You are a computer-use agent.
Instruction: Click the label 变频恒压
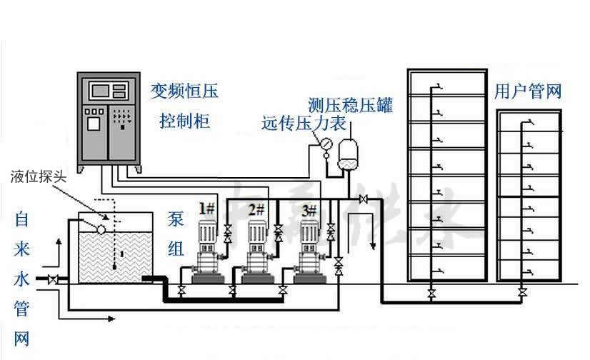coord(184,91)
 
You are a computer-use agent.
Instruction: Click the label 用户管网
coord(528,91)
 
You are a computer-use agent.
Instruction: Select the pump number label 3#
coord(309,209)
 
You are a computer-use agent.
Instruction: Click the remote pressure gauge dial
coord(325,144)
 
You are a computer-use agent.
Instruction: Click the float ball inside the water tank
coord(101,229)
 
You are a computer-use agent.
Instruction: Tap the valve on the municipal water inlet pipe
coord(52,280)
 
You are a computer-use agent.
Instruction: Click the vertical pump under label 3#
coord(309,246)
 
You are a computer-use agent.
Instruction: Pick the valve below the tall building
coord(431,293)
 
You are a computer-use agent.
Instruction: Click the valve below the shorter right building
coord(523,293)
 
